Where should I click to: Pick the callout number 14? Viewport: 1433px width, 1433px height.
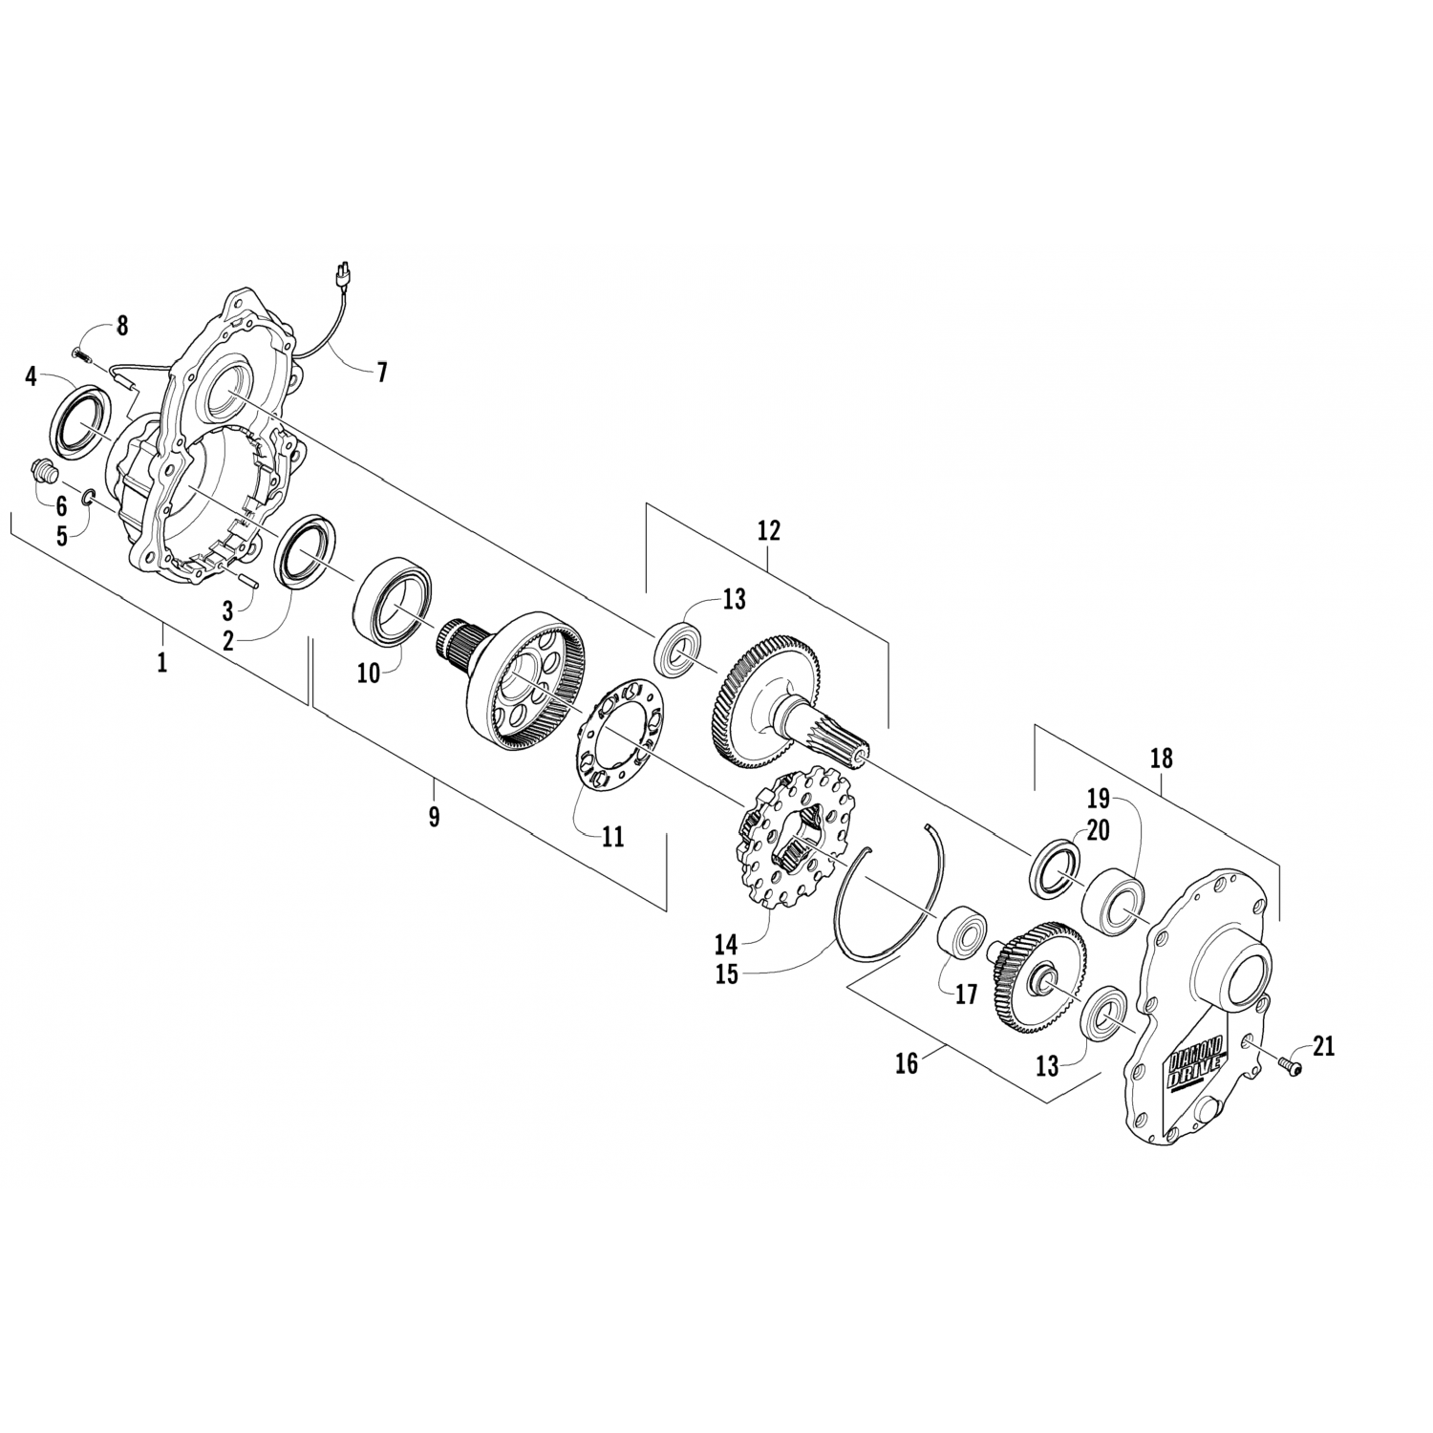pos(726,945)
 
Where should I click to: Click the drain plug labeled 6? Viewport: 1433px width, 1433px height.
pos(45,471)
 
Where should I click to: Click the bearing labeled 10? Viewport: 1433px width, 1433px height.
pos(395,599)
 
